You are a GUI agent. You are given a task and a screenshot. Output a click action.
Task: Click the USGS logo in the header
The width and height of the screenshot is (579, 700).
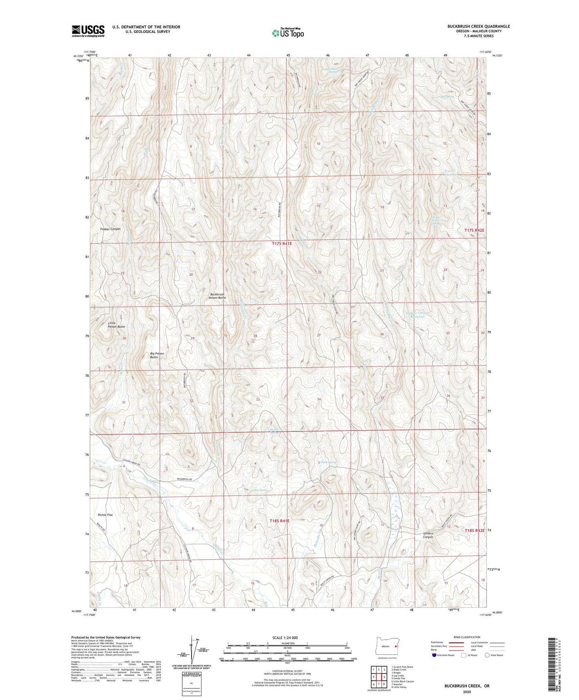point(88,31)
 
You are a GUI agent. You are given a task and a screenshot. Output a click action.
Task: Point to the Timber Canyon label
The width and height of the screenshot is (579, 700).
point(110,229)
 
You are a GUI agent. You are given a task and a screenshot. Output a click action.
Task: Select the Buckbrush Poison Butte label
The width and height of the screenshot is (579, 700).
point(218,296)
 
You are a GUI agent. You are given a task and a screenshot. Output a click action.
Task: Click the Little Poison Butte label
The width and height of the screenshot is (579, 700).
point(116,325)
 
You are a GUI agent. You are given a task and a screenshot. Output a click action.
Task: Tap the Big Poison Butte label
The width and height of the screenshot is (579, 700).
point(157,355)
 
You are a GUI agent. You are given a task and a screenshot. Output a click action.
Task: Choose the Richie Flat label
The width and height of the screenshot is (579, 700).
point(105,515)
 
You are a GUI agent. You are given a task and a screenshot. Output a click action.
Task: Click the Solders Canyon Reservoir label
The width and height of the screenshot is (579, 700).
point(417,315)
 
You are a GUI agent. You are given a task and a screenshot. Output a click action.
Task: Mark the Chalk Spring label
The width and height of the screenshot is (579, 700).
point(329,462)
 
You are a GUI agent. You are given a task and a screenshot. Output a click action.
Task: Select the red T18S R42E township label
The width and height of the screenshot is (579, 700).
point(474,530)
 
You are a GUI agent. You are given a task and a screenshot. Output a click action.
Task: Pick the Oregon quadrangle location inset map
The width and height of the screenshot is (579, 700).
point(387,647)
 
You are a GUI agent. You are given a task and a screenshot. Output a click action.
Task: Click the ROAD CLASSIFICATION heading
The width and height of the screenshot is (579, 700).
point(468,637)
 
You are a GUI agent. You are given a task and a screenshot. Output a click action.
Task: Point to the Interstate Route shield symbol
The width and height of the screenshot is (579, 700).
point(434,655)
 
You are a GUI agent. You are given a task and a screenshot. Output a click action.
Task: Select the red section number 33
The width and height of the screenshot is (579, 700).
point(258,400)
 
